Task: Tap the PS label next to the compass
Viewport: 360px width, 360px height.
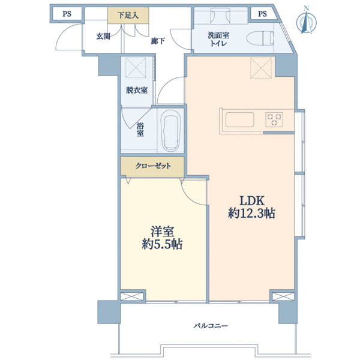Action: point(262,14)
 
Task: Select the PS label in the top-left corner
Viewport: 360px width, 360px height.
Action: point(67,14)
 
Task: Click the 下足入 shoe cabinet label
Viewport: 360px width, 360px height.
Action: point(128,16)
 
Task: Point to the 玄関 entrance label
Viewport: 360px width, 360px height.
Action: point(103,36)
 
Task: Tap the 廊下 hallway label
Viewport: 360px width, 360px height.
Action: point(158,41)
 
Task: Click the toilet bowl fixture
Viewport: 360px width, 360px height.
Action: point(260,38)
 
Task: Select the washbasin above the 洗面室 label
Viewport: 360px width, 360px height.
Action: point(221,16)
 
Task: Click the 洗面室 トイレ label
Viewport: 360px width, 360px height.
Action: point(218,39)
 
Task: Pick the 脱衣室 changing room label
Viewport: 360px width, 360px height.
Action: point(137,90)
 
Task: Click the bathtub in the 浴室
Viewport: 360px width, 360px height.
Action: point(170,130)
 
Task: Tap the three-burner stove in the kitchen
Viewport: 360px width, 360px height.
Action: point(274,119)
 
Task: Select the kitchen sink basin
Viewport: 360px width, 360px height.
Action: point(239,119)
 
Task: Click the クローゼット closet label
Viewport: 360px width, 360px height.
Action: point(153,166)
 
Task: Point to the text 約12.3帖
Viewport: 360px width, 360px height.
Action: point(251,213)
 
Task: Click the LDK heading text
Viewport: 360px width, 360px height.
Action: point(252,200)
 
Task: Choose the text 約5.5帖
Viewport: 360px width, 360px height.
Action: point(162,244)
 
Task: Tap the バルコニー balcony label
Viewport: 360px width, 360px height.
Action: point(211,326)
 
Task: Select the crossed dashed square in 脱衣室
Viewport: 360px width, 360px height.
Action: point(136,67)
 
